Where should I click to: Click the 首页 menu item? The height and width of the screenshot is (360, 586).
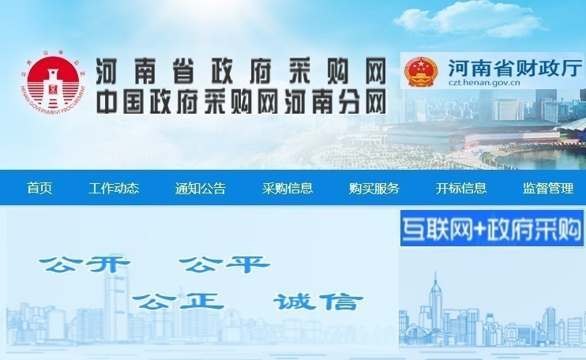click(39, 189)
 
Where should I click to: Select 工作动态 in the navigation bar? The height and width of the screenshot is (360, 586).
click(114, 189)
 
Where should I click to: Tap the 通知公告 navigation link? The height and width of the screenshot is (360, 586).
click(200, 189)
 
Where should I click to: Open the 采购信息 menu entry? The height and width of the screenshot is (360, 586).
click(287, 189)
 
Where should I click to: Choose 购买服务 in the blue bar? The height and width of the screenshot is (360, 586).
click(374, 189)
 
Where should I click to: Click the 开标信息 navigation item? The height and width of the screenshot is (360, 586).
click(461, 189)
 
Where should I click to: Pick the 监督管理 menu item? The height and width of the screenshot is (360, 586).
click(548, 189)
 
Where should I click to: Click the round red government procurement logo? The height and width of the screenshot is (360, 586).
click(49, 84)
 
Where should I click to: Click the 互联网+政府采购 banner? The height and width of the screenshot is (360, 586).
click(491, 229)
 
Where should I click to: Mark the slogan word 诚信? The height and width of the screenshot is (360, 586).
click(317, 301)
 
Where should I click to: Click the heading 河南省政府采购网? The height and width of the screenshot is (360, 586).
click(240, 73)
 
